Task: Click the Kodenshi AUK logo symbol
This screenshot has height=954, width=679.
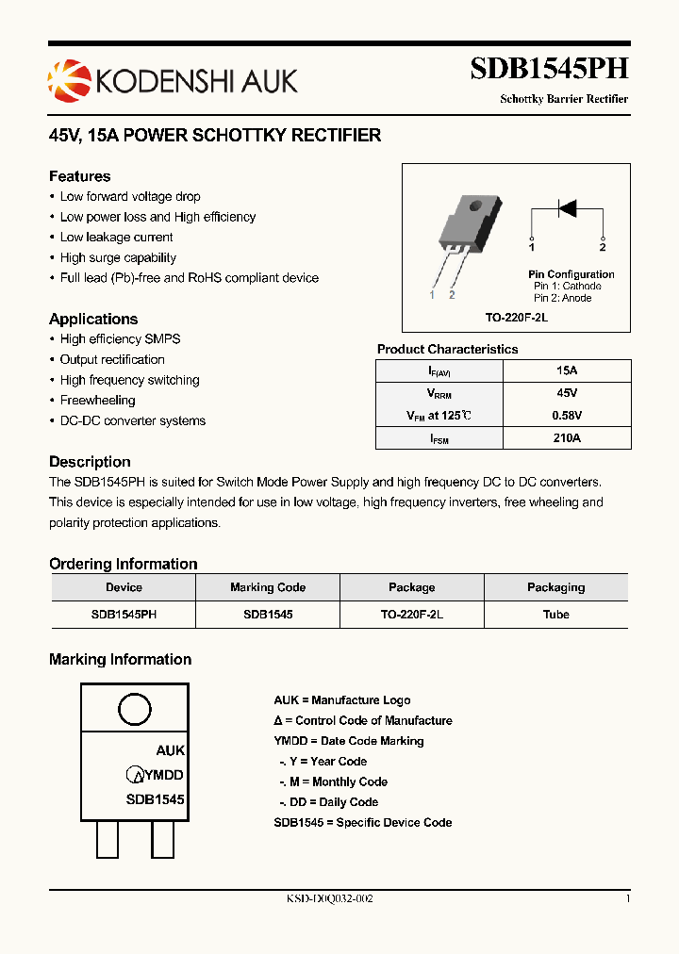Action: [66, 79]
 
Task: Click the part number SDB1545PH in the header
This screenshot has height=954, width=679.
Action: [549, 69]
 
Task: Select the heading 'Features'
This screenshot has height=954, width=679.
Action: [80, 176]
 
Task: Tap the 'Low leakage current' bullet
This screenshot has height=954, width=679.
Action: [116, 238]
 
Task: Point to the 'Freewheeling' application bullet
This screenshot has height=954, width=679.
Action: [97, 401]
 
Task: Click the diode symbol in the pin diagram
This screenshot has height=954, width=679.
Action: [567, 208]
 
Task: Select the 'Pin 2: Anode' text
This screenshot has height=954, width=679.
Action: [563, 298]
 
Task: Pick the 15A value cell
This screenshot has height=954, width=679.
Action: [567, 370]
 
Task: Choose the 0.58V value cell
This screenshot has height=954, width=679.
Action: [567, 416]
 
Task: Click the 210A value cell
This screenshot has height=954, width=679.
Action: [567, 438]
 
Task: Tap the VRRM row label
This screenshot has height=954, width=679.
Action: [439, 393]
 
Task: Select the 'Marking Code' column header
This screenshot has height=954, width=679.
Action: [268, 587]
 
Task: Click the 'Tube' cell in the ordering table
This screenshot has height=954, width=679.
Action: [556, 615]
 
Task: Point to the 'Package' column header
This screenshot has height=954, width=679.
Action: [412, 587]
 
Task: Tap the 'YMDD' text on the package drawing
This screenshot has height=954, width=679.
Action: [164, 775]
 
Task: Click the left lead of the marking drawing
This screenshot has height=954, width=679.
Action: [107, 838]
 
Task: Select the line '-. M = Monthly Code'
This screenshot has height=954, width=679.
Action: [333, 781]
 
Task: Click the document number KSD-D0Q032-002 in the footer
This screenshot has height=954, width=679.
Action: [329, 899]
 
